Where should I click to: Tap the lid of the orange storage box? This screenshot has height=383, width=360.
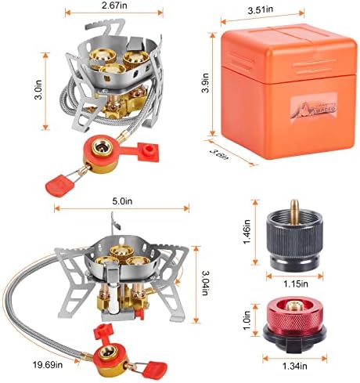point(283,46)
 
